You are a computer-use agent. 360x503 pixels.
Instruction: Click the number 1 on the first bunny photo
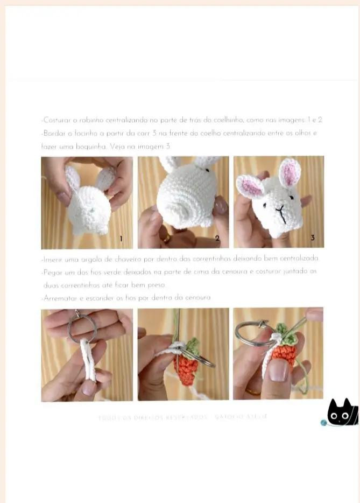(x=121, y=238)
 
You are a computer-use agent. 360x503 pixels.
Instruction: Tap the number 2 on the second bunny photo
(x=217, y=238)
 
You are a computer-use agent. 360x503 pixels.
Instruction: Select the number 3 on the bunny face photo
(x=313, y=237)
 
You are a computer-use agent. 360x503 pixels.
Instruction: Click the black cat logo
(x=342, y=414)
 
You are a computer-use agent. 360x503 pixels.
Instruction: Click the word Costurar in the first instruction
(x=56, y=120)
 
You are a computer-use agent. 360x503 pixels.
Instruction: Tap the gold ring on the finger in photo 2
(x=167, y=237)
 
